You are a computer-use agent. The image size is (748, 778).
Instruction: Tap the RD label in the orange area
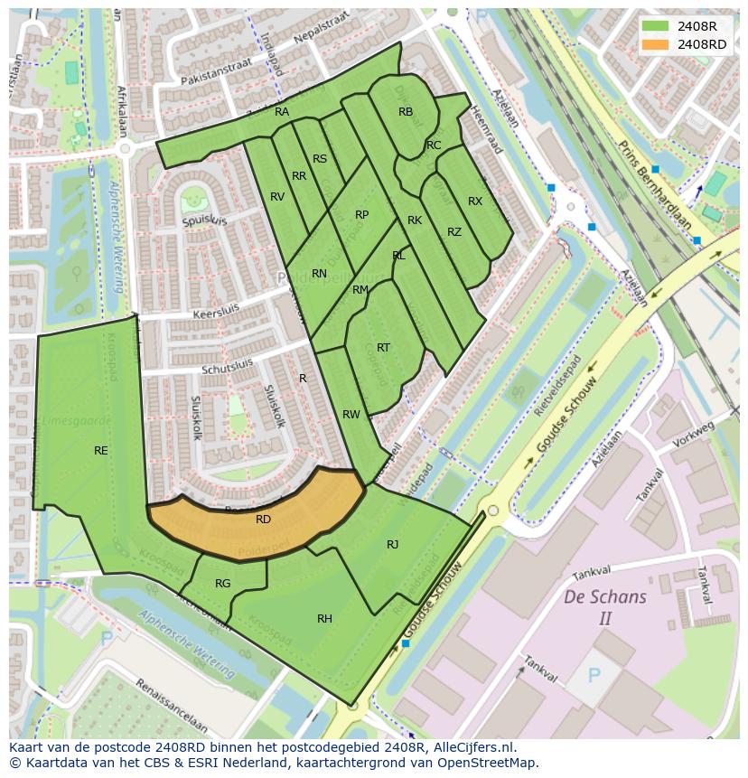click(x=263, y=520)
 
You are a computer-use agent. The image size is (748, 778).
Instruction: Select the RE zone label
click(x=101, y=450)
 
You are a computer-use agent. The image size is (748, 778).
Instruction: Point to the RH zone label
click(x=324, y=619)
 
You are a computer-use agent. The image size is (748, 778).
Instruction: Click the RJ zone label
click(x=392, y=544)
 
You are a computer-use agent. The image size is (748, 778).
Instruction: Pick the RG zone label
click(x=222, y=584)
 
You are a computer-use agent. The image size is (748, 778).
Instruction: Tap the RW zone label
click(x=351, y=415)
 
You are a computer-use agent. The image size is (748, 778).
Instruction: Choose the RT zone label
click(x=383, y=348)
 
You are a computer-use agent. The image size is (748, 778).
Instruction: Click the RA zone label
click(x=282, y=112)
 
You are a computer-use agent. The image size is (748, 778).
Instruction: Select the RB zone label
click(x=406, y=112)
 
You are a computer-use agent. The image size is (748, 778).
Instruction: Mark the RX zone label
click(x=475, y=202)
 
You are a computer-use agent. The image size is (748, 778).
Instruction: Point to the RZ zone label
click(x=454, y=232)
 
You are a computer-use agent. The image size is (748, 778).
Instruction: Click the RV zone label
click(x=277, y=197)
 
